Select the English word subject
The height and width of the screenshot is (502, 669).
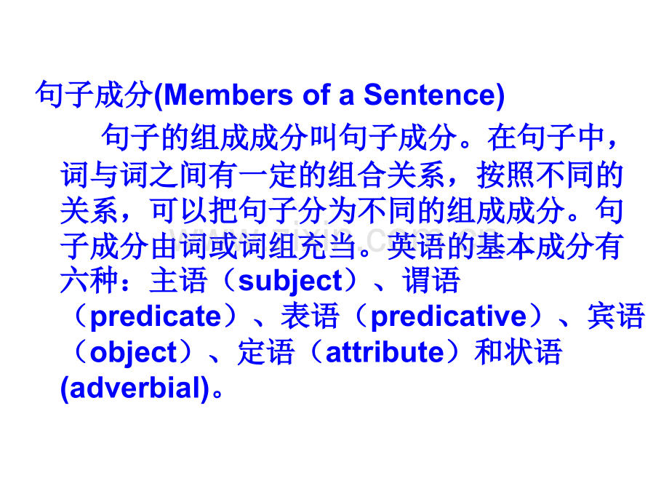point(289,281)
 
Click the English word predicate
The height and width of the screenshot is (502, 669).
point(156,316)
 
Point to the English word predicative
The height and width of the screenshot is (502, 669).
point(448,316)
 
